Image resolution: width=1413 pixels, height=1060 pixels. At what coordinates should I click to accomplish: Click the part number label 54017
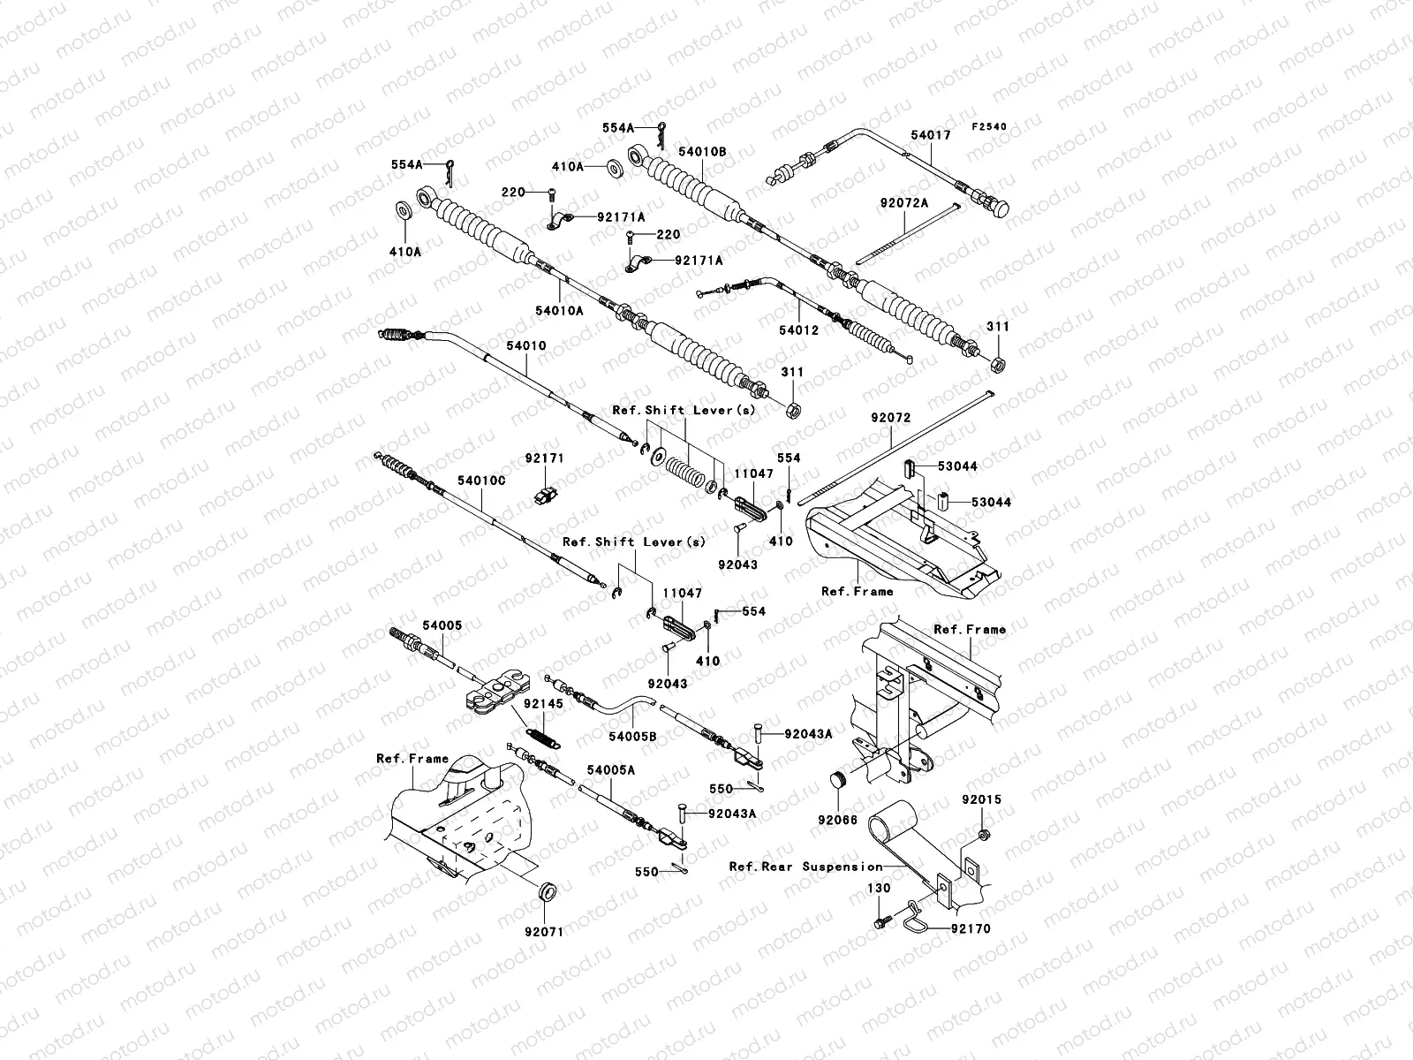930,135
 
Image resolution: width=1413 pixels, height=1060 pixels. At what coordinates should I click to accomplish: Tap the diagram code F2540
989,127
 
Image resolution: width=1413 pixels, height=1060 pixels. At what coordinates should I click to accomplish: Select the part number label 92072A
904,203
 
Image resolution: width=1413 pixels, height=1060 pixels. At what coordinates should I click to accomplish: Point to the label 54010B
702,152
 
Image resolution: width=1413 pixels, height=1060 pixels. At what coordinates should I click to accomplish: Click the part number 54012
798,330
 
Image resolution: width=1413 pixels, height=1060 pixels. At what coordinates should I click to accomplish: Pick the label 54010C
481,481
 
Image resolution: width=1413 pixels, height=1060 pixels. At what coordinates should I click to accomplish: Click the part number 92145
542,703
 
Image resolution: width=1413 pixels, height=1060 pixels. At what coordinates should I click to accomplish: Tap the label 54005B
633,736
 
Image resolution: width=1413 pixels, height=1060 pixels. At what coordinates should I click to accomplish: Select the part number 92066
837,820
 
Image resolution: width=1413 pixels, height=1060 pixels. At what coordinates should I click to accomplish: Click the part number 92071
543,931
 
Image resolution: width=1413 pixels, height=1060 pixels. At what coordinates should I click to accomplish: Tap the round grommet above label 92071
548,892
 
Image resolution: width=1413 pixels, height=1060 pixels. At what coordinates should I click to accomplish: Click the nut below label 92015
984,836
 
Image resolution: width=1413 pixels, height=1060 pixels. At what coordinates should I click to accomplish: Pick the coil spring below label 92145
543,737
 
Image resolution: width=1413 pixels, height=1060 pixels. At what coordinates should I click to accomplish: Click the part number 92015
982,799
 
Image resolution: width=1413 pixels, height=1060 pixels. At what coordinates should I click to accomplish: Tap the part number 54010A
559,311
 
